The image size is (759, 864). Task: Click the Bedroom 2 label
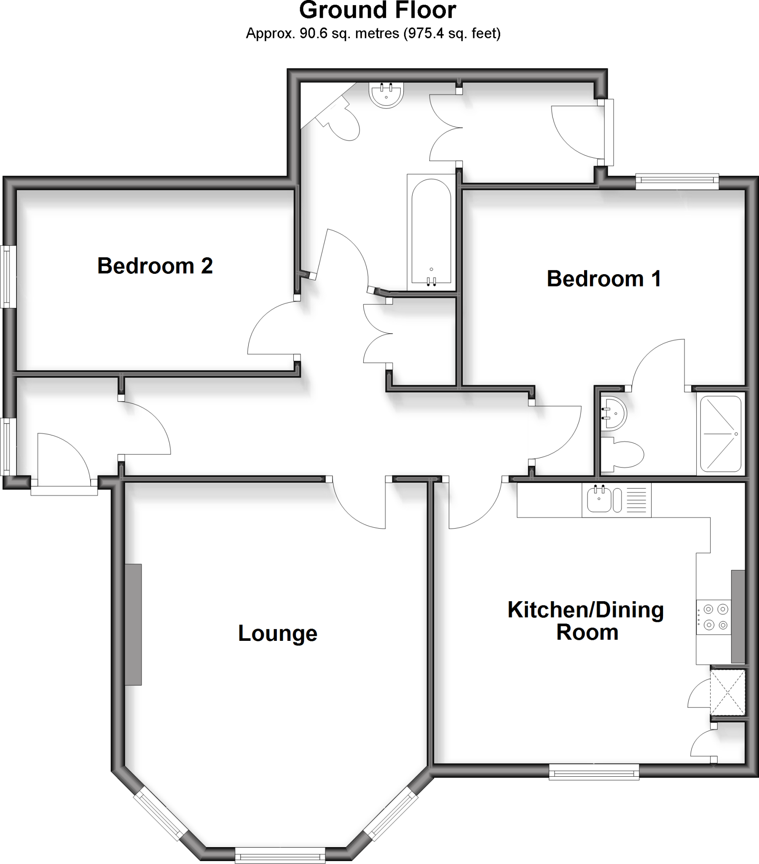click(x=155, y=266)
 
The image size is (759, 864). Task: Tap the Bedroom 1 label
click(x=603, y=279)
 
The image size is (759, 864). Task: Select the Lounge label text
click(x=277, y=633)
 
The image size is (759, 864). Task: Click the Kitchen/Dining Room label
click(x=586, y=621)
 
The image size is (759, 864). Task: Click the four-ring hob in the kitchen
click(x=713, y=617)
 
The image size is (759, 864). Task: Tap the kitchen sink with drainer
click(x=616, y=499)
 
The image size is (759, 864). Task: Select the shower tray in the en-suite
click(x=721, y=434)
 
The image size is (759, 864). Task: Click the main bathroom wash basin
click(x=386, y=94)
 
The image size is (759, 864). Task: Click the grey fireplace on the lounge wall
click(x=133, y=624)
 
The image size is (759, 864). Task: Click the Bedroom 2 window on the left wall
click(x=8, y=276)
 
